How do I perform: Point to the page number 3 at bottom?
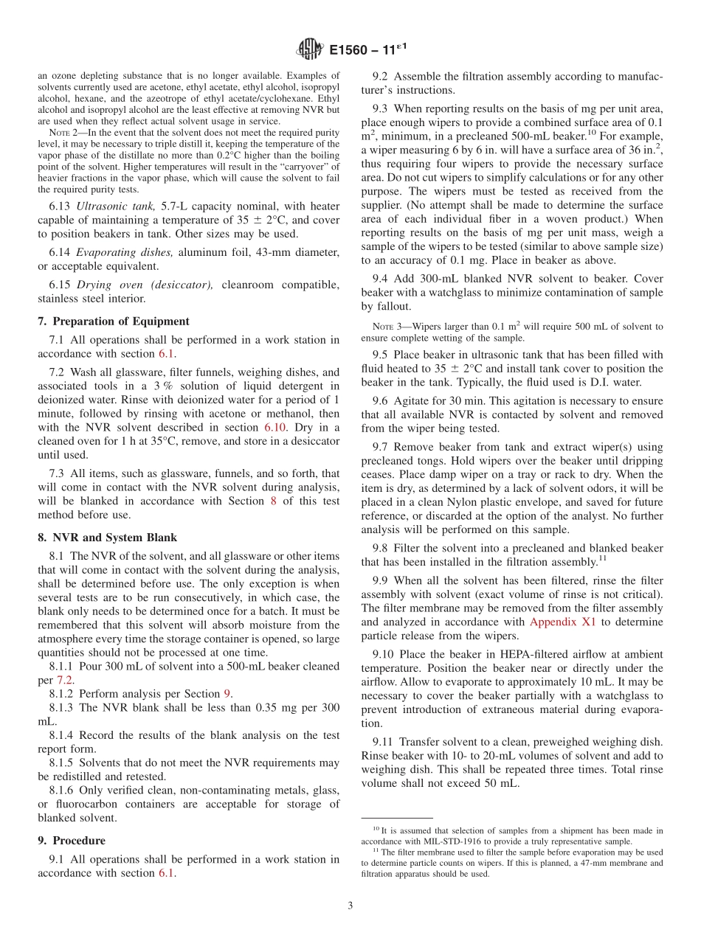point(350,906)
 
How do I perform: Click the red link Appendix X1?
point(562,622)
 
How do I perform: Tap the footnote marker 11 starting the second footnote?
point(378,849)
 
